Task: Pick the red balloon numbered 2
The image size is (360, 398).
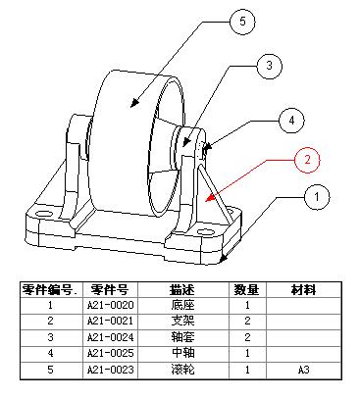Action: pos(307,158)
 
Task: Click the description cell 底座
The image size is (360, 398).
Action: pos(181,305)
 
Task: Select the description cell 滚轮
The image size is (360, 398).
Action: pos(181,369)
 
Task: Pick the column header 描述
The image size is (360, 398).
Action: pos(181,289)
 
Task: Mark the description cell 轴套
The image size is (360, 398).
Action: pos(181,336)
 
